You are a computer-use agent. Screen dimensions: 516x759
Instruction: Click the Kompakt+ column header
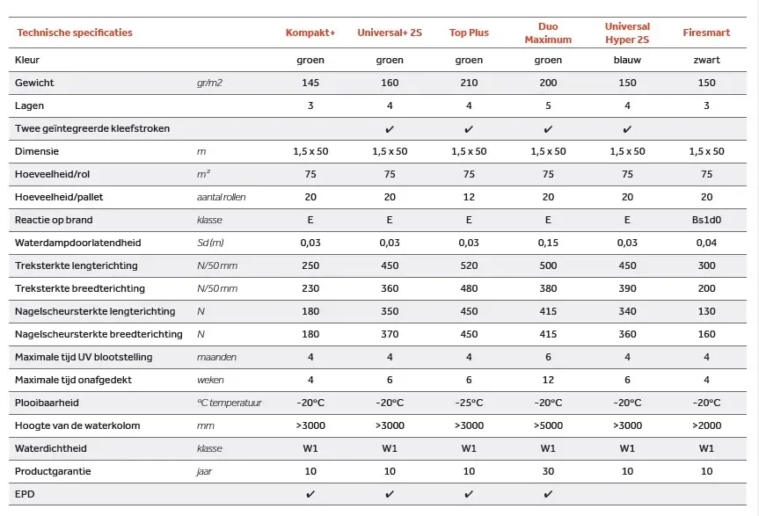(310, 33)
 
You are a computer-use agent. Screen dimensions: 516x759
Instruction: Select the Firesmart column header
(706, 33)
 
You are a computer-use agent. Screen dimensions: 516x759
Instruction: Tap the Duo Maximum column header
(548, 33)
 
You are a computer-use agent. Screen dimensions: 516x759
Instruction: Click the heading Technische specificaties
(75, 33)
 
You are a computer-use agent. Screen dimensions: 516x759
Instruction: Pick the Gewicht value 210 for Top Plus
(469, 83)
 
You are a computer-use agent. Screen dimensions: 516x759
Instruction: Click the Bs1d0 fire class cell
(706, 220)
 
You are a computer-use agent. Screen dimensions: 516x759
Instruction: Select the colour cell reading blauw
(627, 60)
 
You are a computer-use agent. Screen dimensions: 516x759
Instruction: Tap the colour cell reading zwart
(706, 60)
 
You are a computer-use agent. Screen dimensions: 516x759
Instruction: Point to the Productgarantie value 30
(548, 471)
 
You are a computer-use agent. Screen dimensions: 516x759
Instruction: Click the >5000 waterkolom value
(548, 425)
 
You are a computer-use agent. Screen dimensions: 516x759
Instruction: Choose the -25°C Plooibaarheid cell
(469, 403)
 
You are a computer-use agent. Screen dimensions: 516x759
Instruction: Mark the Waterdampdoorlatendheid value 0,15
(548, 243)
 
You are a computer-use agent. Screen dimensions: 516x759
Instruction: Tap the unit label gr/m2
(212, 83)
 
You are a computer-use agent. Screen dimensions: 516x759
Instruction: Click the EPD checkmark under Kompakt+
(310, 494)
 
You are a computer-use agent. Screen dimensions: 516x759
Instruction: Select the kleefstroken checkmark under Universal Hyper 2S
(627, 128)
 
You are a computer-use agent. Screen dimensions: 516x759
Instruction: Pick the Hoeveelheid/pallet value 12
(469, 197)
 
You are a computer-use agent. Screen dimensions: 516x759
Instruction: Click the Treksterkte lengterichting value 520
(469, 265)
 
